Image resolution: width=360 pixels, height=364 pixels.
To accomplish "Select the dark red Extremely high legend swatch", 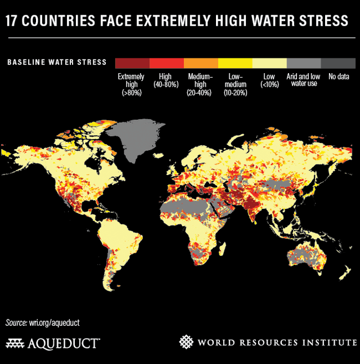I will tap(132, 62).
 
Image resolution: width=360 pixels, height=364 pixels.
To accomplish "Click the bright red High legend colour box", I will tap(166, 62).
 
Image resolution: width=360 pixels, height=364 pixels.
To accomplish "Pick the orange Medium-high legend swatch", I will tap(201, 62).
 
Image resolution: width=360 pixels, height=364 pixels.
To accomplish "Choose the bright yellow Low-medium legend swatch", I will tap(235, 62).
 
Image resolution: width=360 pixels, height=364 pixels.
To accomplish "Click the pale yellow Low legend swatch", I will tap(269, 62).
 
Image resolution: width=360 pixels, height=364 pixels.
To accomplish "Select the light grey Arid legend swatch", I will tap(304, 62).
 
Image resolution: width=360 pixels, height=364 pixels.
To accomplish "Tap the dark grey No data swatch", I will tap(338, 62).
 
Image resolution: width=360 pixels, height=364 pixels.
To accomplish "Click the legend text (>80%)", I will tap(131, 92).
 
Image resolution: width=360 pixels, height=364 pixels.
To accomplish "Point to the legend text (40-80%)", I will tap(166, 84).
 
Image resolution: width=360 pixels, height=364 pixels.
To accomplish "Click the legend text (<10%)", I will tap(269, 84).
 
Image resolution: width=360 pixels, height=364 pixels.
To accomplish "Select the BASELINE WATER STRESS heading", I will tap(57, 62).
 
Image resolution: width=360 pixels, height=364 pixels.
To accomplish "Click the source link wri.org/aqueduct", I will tap(55, 322).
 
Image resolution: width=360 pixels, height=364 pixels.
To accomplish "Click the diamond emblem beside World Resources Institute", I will tap(186, 342).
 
